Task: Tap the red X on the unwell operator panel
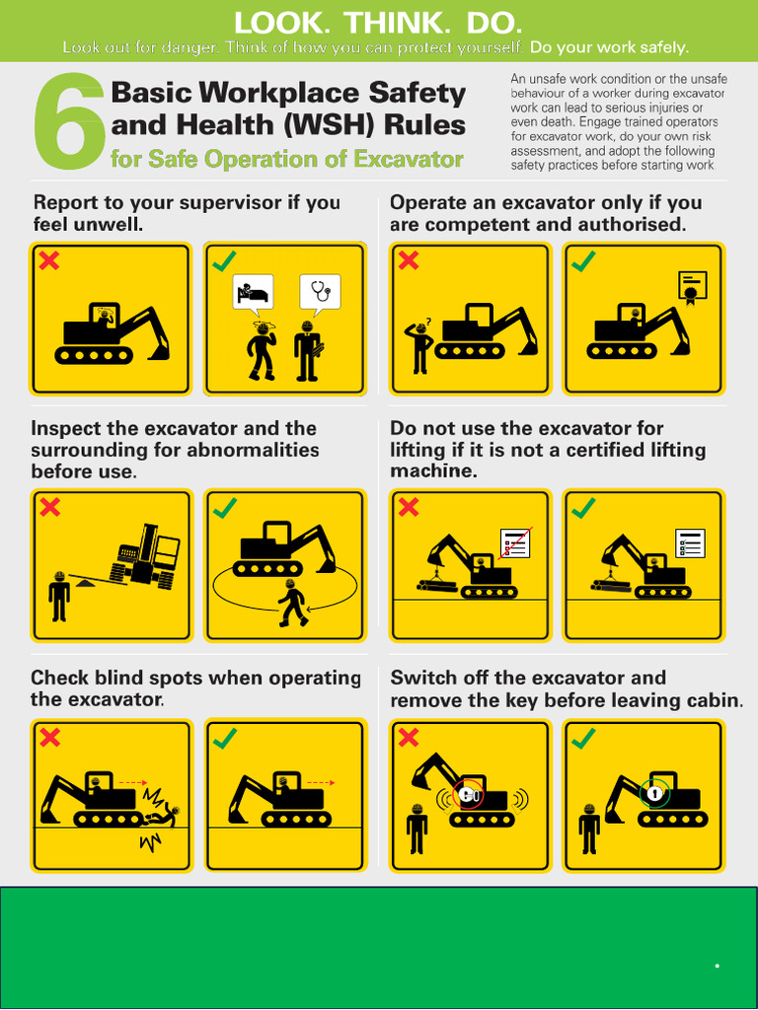click(47, 260)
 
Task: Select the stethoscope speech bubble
click(319, 291)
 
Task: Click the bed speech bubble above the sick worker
click(252, 292)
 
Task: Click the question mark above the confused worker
click(428, 321)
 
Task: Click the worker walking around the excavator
click(291, 604)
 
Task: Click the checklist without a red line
click(690, 542)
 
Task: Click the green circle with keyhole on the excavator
click(652, 792)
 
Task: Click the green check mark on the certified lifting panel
click(583, 508)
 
